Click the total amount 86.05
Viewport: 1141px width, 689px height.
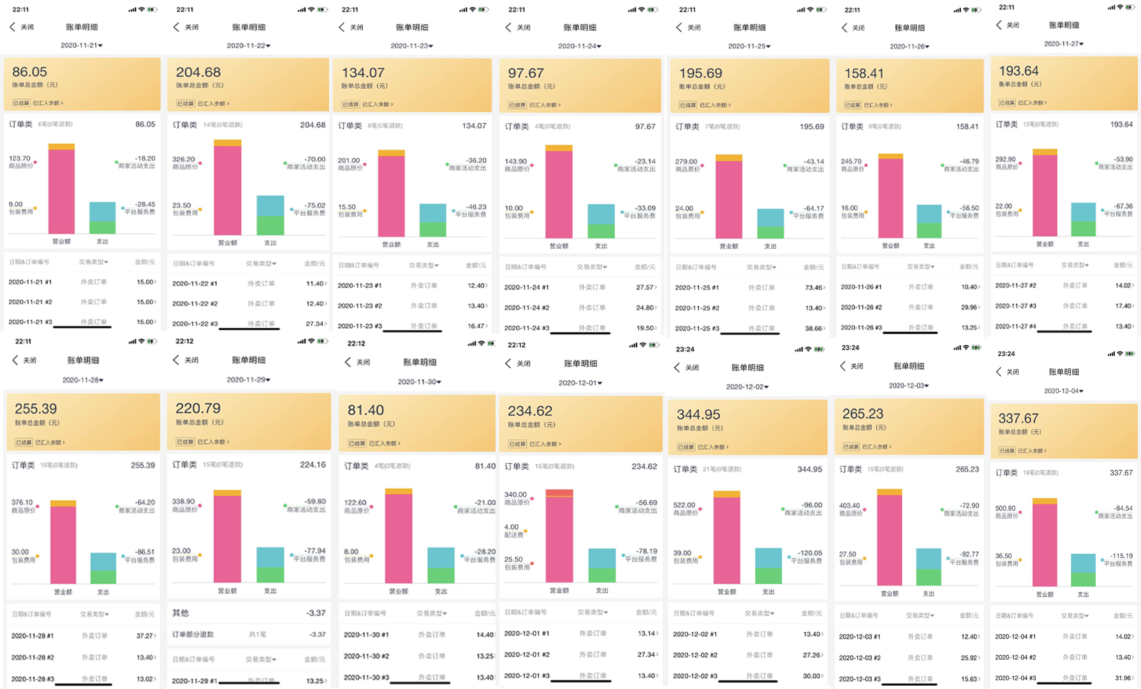pyautogui.click(x=30, y=72)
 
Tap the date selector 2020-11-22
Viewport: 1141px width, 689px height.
pyautogui.click(x=249, y=46)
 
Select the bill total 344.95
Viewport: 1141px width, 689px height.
pyautogui.click(x=698, y=415)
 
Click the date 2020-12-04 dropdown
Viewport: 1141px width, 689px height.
pyautogui.click(x=1063, y=391)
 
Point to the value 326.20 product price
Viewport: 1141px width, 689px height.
pyautogui.click(x=184, y=159)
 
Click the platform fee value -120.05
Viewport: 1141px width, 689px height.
pyautogui.click(x=809, y=552)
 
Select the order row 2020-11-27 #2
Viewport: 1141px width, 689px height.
pyautogui.click(x=1015, y=286)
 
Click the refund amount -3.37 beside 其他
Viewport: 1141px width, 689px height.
pyautogui.click(x=316, y=613)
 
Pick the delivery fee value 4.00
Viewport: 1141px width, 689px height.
pyautogui.click(x=512, y=527)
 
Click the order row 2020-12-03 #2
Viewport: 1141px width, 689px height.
pyautogui.click(x=860, y=658)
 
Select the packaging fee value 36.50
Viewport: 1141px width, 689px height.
pyautogui.click(x=1005, y=556)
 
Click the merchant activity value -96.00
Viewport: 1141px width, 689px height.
pyautogui.click(x=812, y=505)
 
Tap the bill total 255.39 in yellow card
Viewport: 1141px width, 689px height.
pyautogui.click(x=36, y=408)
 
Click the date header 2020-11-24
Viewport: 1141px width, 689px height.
pyautogui.click(x=580, y=46)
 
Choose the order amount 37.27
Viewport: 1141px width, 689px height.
pyautogui.click(x=145, y=636)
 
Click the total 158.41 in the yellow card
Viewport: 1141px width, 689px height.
pyautogui.click(x=864, y=73)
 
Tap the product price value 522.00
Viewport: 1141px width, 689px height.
pyautogui.click(x=684, y=505)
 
